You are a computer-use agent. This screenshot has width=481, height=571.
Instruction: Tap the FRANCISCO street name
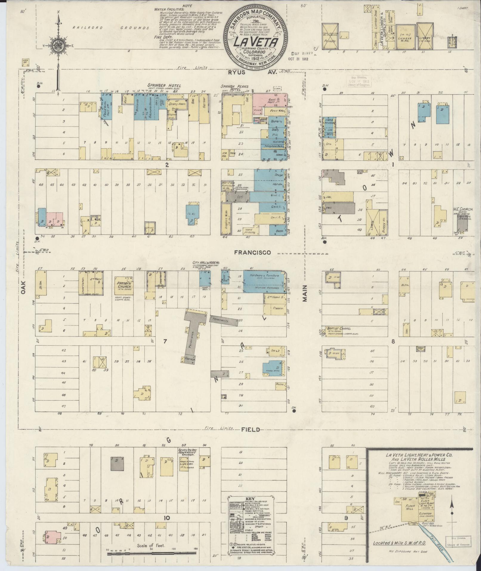point(252,253)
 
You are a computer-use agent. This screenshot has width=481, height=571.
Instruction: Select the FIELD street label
point(249,429)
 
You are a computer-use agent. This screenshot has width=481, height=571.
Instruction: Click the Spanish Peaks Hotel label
point(235,88)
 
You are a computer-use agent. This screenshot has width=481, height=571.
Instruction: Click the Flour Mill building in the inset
point(410,507)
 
